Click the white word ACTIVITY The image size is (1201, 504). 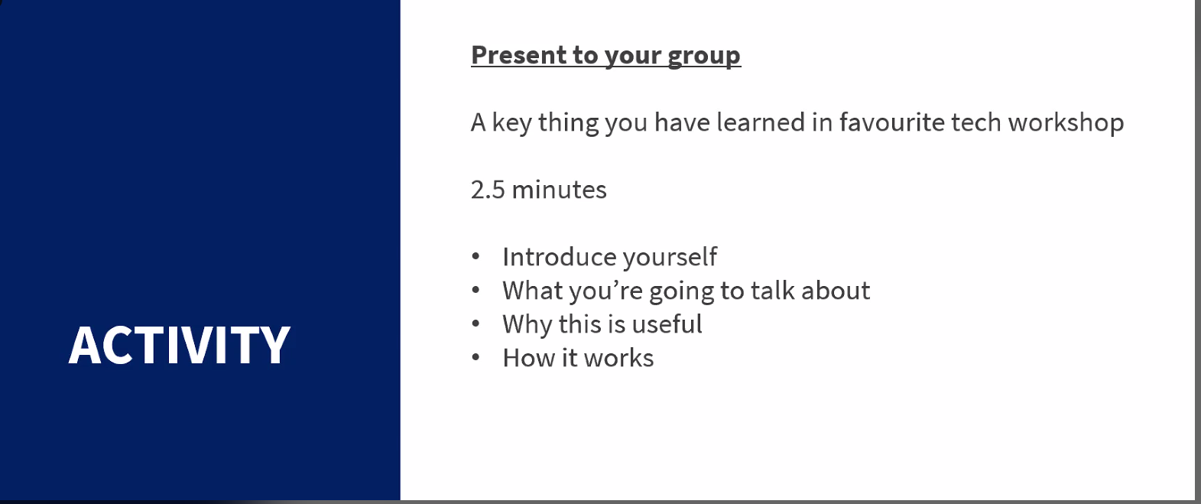[179, 345]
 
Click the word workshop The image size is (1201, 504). [1066, 123]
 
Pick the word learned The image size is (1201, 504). [761, 122]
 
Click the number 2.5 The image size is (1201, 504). [488, 190]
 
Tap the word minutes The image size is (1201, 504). [559, 190]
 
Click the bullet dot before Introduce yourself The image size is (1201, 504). [476, 256]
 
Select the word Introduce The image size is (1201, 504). [559, 257]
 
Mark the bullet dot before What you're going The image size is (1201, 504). [476, 290]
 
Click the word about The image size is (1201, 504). [836, 290]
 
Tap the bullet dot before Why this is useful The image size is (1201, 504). [476, 324]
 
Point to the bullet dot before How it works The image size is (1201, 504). [476, 358]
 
